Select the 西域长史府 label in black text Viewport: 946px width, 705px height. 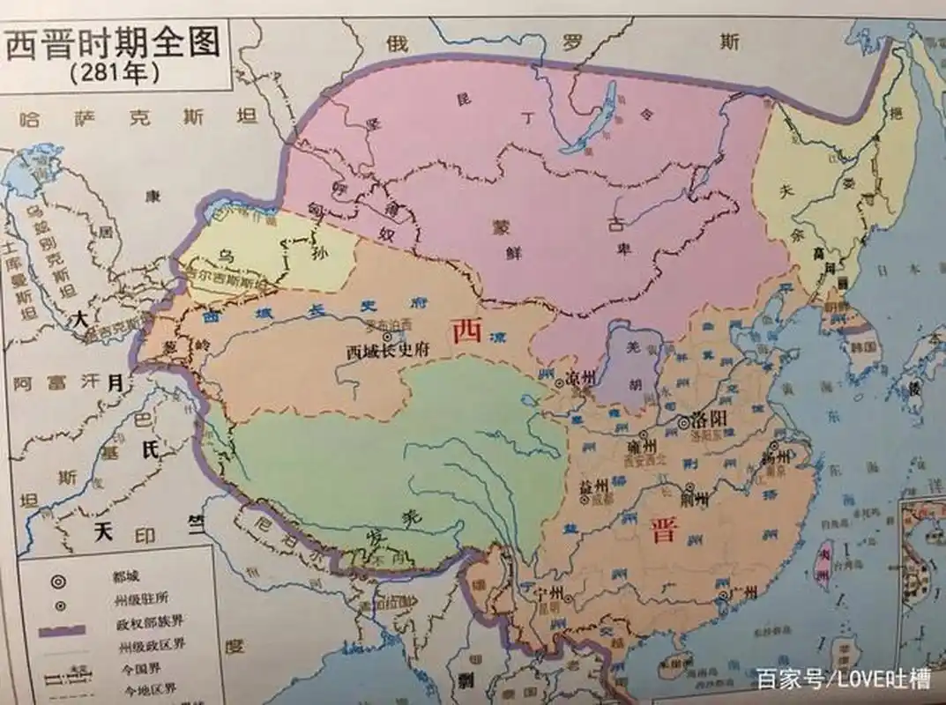[388, 350]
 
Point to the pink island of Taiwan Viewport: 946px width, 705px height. [823, 564]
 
